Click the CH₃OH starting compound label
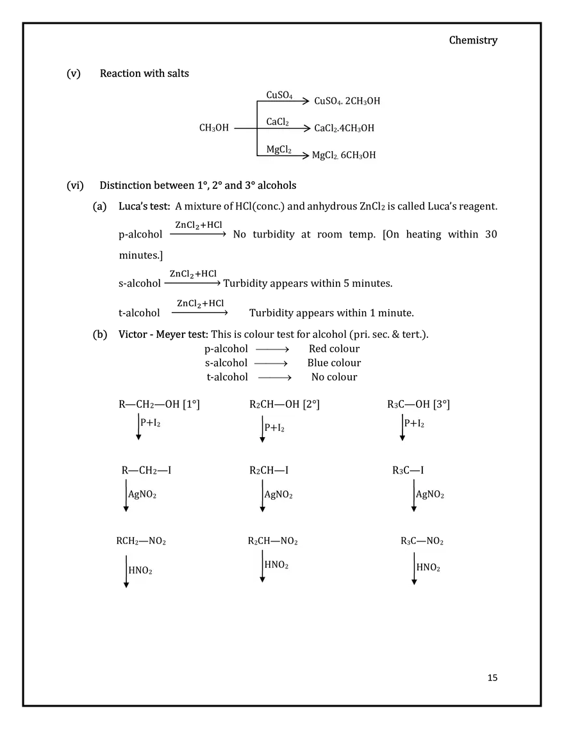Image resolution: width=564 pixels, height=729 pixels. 213,128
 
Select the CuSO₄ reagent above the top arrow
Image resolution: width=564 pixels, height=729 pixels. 279,95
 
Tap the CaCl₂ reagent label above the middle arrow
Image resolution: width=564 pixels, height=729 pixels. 278,122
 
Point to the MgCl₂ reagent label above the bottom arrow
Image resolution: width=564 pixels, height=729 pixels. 279,150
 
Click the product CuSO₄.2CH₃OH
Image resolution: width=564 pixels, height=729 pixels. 348,101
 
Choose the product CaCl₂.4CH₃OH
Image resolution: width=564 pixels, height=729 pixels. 344,128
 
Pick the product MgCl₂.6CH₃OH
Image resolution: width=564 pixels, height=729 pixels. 344,156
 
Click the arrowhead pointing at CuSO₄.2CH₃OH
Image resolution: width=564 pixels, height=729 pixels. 306,100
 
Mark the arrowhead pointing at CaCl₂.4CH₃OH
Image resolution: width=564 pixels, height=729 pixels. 306,129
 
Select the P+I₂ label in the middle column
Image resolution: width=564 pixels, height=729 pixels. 275,428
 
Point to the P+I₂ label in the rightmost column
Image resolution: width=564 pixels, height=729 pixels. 414,423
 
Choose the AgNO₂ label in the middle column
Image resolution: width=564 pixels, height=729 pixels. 279,495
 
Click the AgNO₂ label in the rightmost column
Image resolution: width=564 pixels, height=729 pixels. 430,494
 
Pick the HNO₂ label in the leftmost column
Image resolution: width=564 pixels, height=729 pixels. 140,570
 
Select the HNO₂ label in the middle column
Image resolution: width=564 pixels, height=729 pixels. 276,565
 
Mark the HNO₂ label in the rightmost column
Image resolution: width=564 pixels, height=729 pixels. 428,567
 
